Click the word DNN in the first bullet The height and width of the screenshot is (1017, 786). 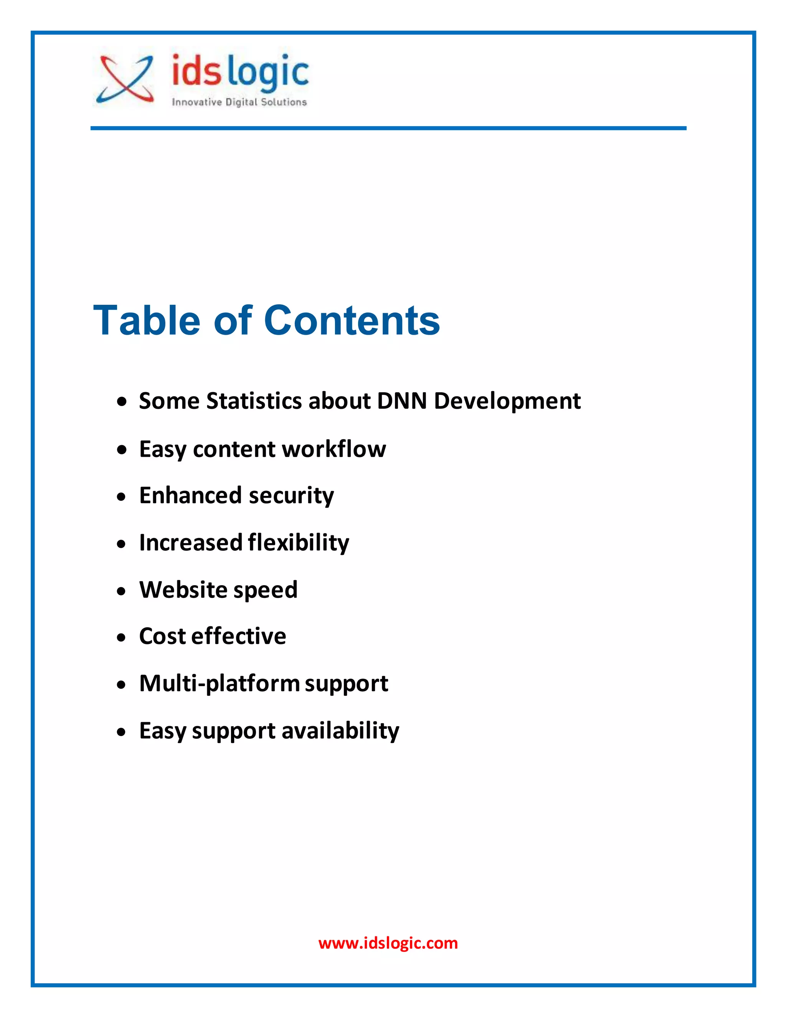(x=402, y=401)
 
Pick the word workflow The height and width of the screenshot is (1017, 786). (x=334, y=449)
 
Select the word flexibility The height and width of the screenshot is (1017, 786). (x=299, y=543)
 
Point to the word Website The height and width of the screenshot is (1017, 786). (x=183, y=589)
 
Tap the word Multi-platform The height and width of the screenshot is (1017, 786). (x=219, y=684)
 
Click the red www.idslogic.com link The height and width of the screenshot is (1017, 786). (x=388, y=943)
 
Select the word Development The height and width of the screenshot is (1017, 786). (x=507, y=401)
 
